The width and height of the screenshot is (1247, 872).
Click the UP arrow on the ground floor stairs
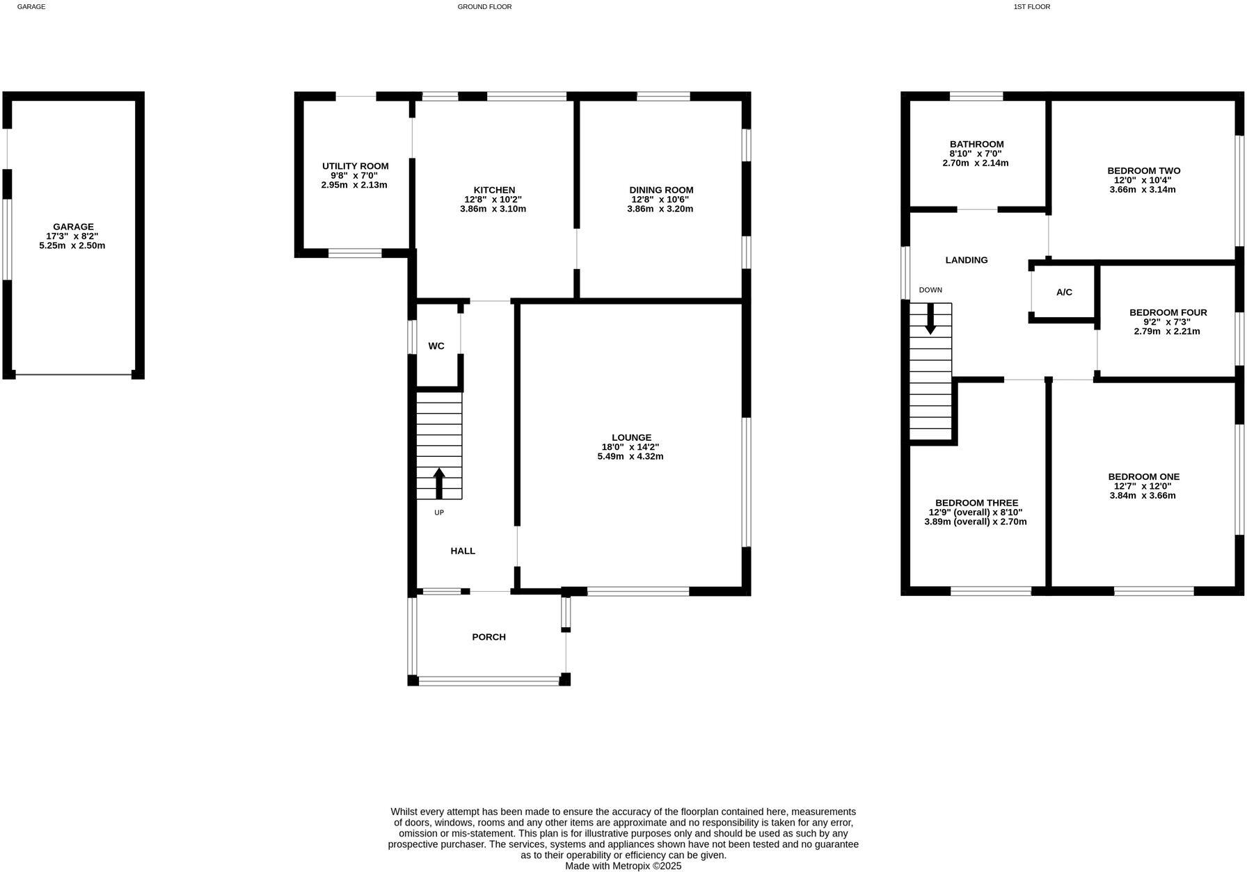(439, 483)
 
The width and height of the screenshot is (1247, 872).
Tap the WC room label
(436, 346)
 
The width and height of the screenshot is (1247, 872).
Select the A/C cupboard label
(1064, 293)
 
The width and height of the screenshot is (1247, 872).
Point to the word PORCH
(489, 637)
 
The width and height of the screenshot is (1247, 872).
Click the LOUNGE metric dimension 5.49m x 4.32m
(630, 457)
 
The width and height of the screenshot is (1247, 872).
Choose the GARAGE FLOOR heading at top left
(31, 7)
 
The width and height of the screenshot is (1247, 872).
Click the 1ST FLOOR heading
(1031, 7)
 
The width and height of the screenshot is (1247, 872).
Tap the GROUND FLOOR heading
(484, 7)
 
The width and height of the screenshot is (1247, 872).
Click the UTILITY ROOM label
(355, 166)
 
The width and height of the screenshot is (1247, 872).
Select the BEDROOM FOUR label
(1168, 313)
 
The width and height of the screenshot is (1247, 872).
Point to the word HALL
(463, 551)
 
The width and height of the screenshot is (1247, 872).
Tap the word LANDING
(966, 260)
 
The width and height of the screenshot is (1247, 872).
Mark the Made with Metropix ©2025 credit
(623, 866)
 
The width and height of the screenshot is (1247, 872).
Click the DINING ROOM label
(661, 190)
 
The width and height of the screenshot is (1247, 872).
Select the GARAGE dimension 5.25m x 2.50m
(72, 245)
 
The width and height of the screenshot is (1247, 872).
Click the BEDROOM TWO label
(1143, 171)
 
